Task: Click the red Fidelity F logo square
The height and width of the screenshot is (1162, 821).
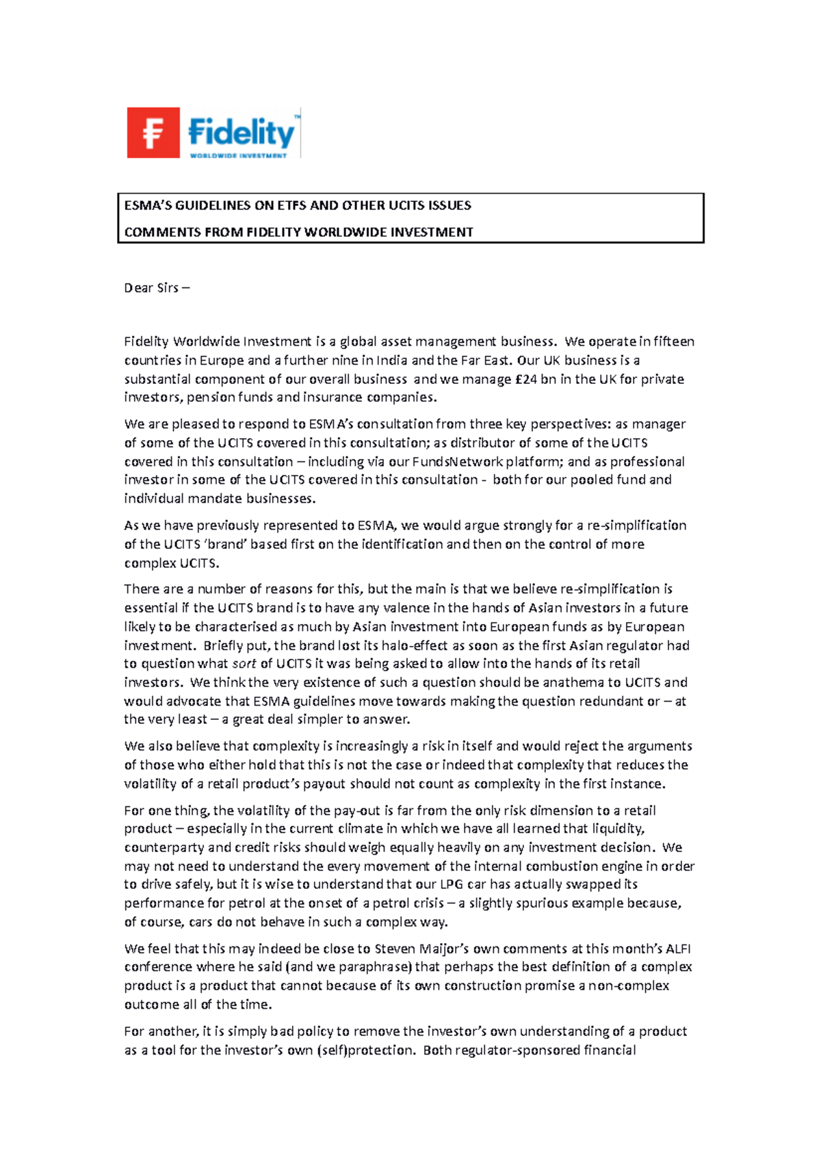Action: click(153, 133)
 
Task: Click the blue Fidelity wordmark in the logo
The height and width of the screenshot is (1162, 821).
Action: click(241, 131)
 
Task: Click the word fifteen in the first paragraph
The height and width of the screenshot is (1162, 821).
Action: click(674, 341)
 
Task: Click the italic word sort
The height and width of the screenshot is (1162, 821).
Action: click(244, 663)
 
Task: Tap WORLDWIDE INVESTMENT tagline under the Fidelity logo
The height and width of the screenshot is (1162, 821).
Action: click(238, 156)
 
